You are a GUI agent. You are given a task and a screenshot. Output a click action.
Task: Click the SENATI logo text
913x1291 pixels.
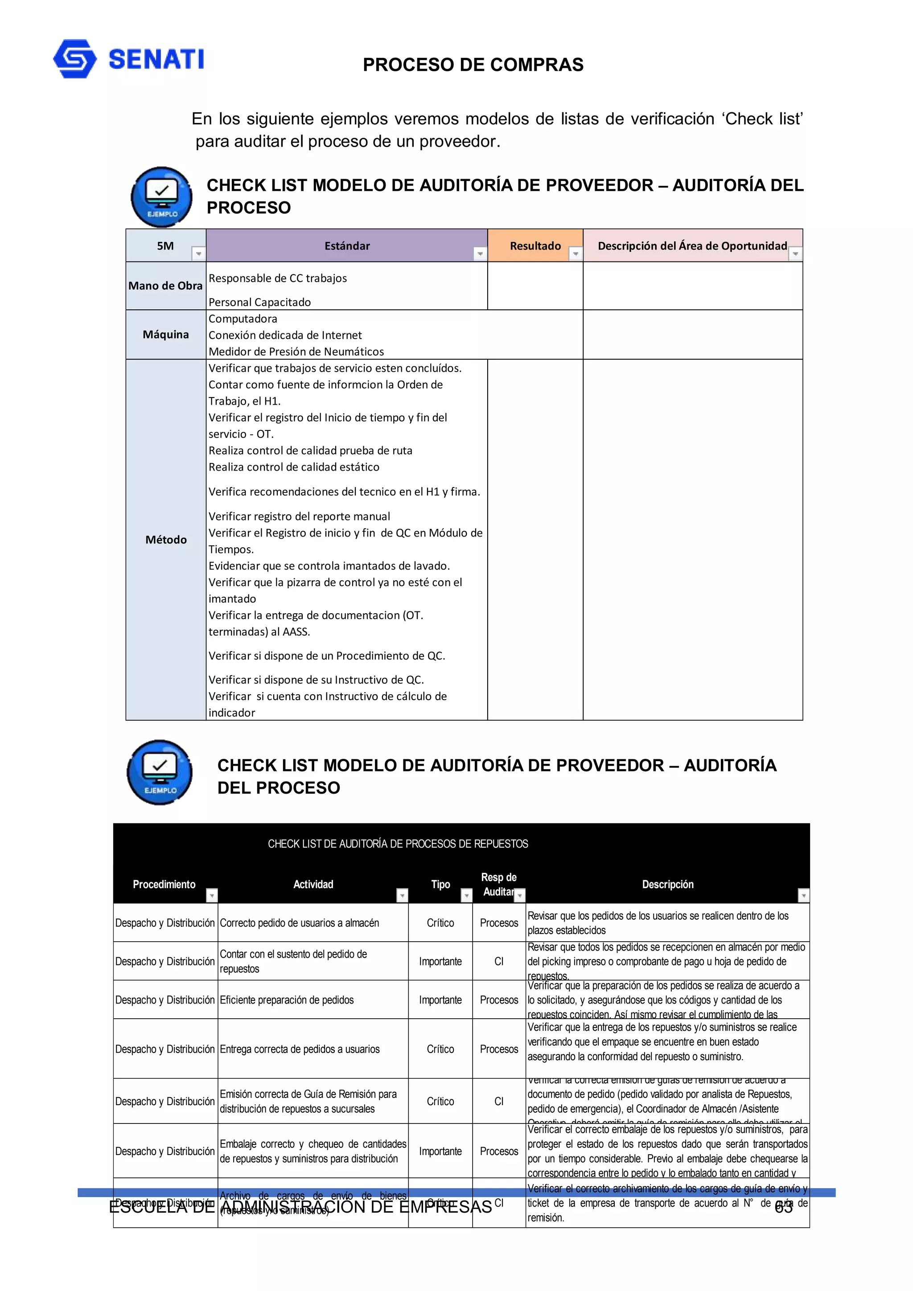point(156,59)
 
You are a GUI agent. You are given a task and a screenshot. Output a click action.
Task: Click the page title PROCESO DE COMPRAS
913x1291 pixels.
point(473,65)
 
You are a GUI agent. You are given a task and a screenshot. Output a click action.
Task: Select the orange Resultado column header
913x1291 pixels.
point(535,246)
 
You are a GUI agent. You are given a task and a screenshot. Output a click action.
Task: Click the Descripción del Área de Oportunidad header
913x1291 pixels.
point(692,246)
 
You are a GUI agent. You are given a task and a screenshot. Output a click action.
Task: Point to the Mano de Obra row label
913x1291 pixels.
point(165,286)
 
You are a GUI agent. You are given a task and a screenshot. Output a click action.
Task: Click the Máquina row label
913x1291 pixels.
point(165,335)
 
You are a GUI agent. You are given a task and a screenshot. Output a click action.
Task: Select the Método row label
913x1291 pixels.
point(165,540)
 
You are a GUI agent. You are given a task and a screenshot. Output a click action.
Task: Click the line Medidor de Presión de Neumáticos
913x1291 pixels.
point(296,352)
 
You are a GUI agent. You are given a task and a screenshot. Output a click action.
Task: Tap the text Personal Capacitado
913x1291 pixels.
point(259,302)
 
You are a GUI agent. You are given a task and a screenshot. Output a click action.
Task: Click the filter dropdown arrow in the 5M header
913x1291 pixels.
point(198,254)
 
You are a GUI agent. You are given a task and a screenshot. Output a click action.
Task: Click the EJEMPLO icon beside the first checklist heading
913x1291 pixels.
point(161,197)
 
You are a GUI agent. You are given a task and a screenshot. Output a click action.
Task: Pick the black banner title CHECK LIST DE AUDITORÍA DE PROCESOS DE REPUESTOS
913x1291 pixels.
point(398,844)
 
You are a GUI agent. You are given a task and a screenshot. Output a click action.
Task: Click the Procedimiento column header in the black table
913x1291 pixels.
point(164,885)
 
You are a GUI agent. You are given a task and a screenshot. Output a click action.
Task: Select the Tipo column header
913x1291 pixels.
point(440,885)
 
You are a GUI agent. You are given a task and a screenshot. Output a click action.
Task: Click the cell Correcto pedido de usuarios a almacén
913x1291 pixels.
point(299,923)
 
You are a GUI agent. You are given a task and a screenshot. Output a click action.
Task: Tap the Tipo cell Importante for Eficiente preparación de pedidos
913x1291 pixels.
point(440,1000)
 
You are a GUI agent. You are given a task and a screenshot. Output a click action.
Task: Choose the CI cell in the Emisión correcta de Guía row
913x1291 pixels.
point(498,1102)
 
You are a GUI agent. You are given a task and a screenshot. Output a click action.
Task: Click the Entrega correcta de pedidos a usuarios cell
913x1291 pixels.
point(299,1049)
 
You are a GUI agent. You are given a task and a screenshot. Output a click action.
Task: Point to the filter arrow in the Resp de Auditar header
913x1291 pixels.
point(520,895)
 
